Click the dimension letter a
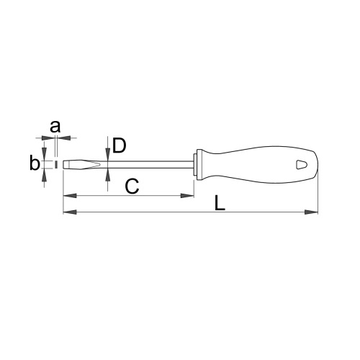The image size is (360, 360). click(55, 127)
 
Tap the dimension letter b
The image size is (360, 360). click(35, 163)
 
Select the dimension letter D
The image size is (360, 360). click(120, 145)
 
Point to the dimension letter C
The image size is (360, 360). click(132, 186)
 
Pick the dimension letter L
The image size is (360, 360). click(220, 203)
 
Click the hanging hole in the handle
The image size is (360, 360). click(302, 165)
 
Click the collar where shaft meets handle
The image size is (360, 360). click(198, 165)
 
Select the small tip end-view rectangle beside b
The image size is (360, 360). click(56, 164)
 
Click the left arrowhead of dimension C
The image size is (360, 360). click(70, 196)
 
